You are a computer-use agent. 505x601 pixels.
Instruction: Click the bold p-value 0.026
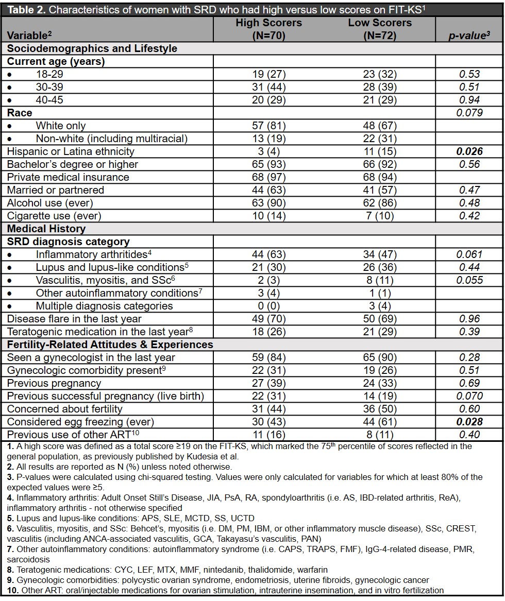[x=469, y=151]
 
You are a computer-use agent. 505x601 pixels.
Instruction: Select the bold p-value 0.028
[x=469, y=422]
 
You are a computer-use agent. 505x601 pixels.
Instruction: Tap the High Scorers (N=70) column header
[x=268, y=29]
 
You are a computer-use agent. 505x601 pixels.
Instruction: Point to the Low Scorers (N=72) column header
[x=380, y=29]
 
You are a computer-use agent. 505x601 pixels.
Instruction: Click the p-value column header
[x=468, y=36]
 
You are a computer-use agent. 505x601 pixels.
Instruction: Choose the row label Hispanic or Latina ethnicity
[x=71, y=151]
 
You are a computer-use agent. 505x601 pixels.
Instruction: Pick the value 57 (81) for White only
[x=268, y=126]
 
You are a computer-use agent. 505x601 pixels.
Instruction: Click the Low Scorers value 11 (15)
[x=380, y=151]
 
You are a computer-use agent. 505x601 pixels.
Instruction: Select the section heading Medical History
[x=46, y=229]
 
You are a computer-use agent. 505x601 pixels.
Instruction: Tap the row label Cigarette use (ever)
[x=54, y=216]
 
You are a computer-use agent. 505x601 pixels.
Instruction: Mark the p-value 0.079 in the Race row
[x=469, y=113]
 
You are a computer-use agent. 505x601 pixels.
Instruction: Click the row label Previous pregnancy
[x=54, y=383]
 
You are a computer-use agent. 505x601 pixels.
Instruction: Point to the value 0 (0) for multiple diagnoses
[x=268, y=306]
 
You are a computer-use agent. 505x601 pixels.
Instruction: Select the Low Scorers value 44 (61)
[x=380, y=422]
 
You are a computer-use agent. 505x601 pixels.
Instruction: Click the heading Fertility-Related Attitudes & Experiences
[x=110, y=345]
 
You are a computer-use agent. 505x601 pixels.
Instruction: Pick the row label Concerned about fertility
[x=64, y=409]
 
